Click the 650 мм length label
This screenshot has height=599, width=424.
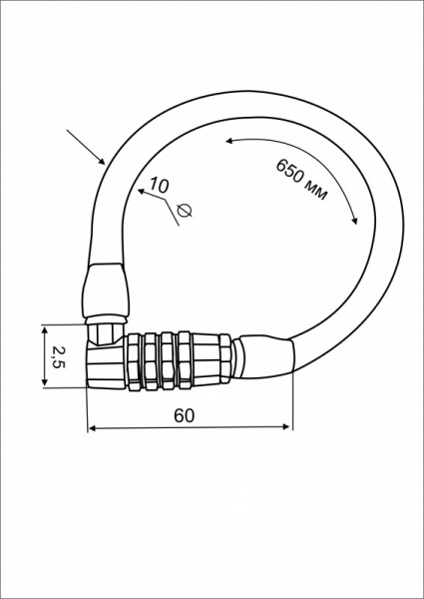[x=301, y=179]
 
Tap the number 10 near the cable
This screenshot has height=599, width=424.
[x=159, y=185]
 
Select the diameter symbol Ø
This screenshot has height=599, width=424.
[x=185, y=211]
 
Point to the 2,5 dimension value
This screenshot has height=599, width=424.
[x=59, y=356]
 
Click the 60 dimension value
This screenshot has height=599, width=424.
[x=184, y=415]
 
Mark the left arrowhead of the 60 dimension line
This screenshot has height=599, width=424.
[x=92, y=428]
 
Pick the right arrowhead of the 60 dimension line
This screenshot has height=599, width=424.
[x=286, y=426]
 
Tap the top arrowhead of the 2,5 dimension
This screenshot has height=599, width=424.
[x=45, y=330]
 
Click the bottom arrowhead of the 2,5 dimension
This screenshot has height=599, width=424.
[x=45, y=381]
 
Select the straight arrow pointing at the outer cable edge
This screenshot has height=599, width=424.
[x=86, y=147]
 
